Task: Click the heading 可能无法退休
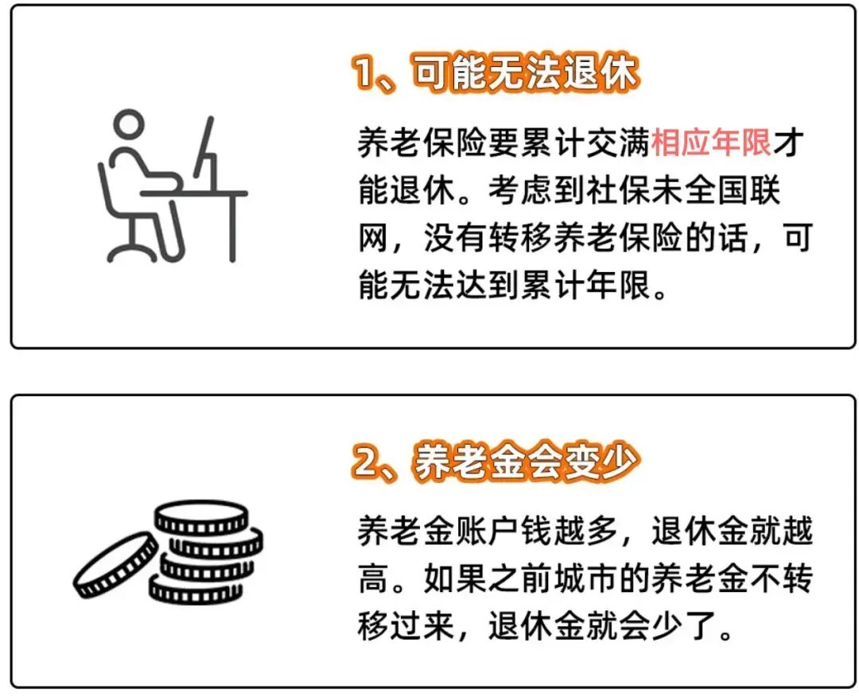pyautogui.click(x=526, y=72)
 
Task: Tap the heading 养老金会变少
pyautogui.click(x=526, y=461)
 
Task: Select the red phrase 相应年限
pyautogui.click(x=711, y=142)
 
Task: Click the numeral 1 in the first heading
pyautogui.click(x=363, y=72)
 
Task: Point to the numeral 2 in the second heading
pyautogui.click(x=366, y=461)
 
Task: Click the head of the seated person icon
pyautogui.click(x=129, y=125)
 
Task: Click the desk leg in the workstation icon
pyautogui.click(x=231, y=228)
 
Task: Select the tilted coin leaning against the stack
pyautogui.click(x=115, y=565)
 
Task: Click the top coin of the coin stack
pyautogui.click(x=201, y=518)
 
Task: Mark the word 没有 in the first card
pyautogui.click(x=455, y=238)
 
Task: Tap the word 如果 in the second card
pyautogui.click(x=455, y=578)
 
